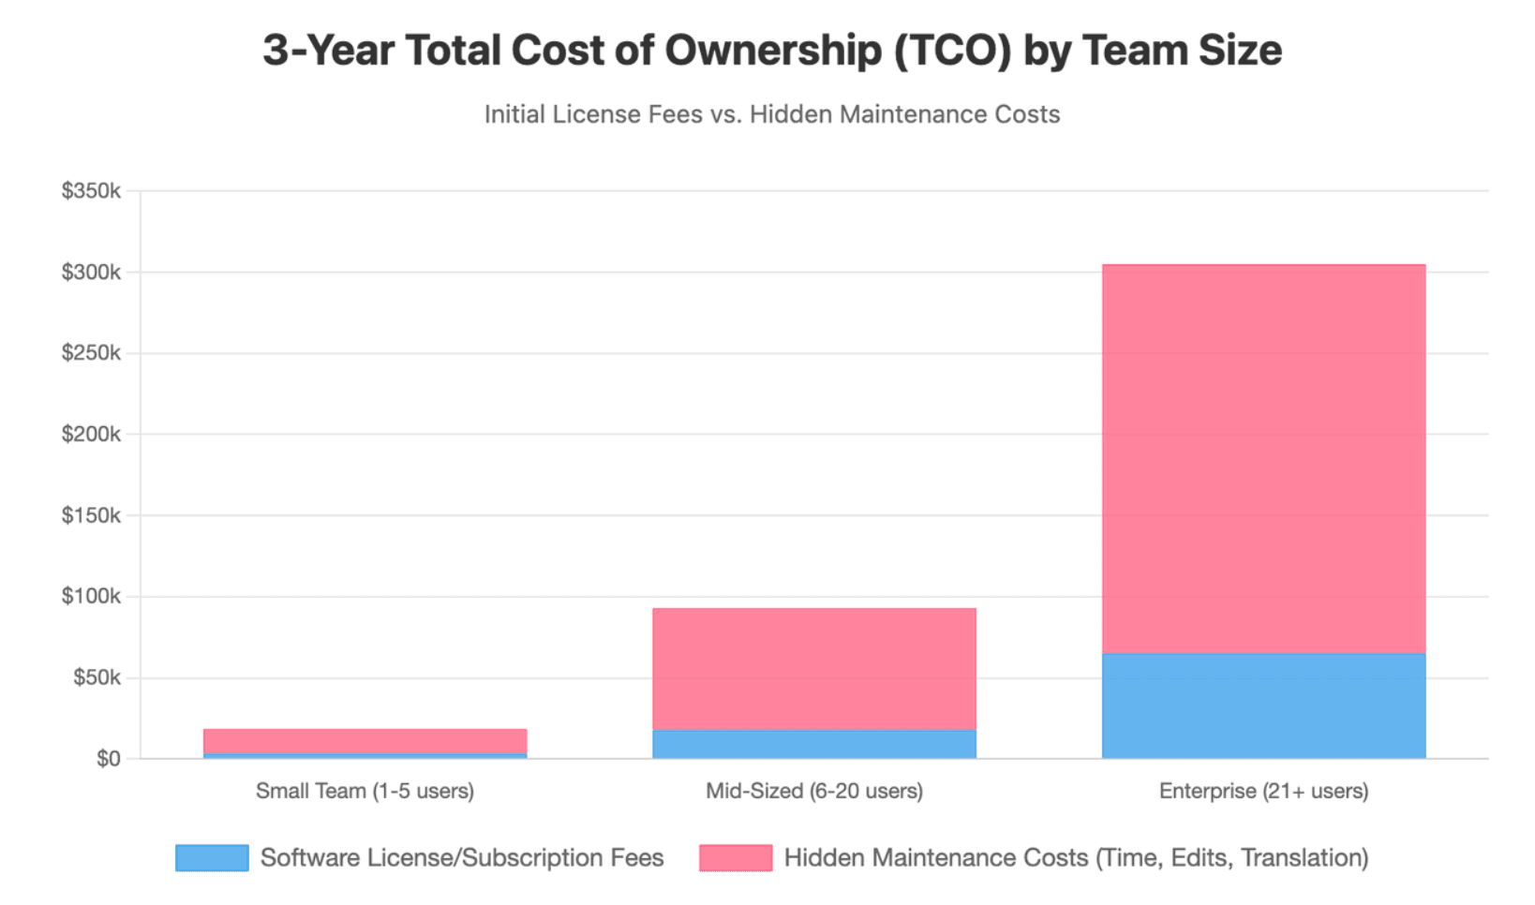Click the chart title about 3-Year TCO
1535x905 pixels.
[x=772, y=51]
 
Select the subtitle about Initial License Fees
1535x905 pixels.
[x=772, y=114]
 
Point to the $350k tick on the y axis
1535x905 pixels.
[x=91, y=190]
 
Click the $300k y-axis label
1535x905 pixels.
[x=91, y=272]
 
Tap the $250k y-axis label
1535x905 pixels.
[x=91, y=353]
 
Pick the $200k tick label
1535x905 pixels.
[x=91, y=434]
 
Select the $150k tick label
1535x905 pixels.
[x=91, y=515]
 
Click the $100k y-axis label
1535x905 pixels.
[x=91, y=596]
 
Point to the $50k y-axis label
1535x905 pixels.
[x=97, y=677]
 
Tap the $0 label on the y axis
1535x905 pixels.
[x=109, y=759]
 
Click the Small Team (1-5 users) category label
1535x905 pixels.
[x=365, y=792]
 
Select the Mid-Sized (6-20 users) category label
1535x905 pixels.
[x=814, y=792]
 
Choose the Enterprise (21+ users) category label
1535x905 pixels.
[x=1264, y=792]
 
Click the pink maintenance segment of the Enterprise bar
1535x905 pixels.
[x=1264, y=459]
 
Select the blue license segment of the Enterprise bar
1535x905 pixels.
[x=1264, y=706]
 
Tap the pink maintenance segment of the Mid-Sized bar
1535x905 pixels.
[x=814, y=669]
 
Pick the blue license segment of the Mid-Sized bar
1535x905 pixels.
[x=814, y=745]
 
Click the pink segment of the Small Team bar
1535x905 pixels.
[x=365, y=741]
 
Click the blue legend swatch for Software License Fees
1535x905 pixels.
[x=213, y=858]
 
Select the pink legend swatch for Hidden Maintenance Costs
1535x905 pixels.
[x=736, y=858]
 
